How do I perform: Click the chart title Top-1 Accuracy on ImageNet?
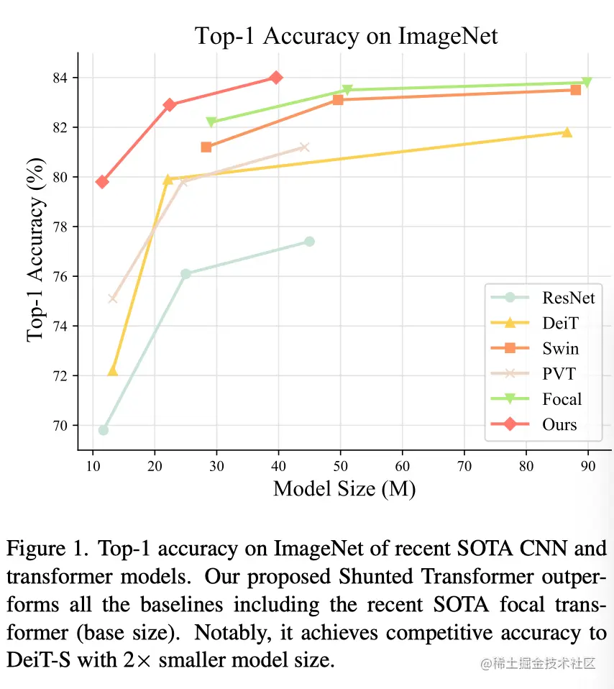pyautogui.click(x=347, y=35)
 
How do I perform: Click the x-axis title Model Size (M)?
pyautogui.click(x=344, y=489)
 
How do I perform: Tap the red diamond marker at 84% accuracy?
pyautogui.click(x=276, y=77)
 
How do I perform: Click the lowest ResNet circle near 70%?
pyautogui.click(x=104, y=430)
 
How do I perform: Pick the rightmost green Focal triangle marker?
pyautogui.click(x=587, y=82)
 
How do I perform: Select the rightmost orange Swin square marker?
pyautogui.click(x=575, y=90)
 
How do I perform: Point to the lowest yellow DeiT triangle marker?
pyautogui.click(x=112, y=371)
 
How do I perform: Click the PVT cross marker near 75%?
pyautogui.click(x=112, y=298)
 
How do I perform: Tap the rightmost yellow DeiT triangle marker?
pyautogui.click(x=567, y=132)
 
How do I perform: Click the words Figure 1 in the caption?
pyautogui.click(x=42, y=549)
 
